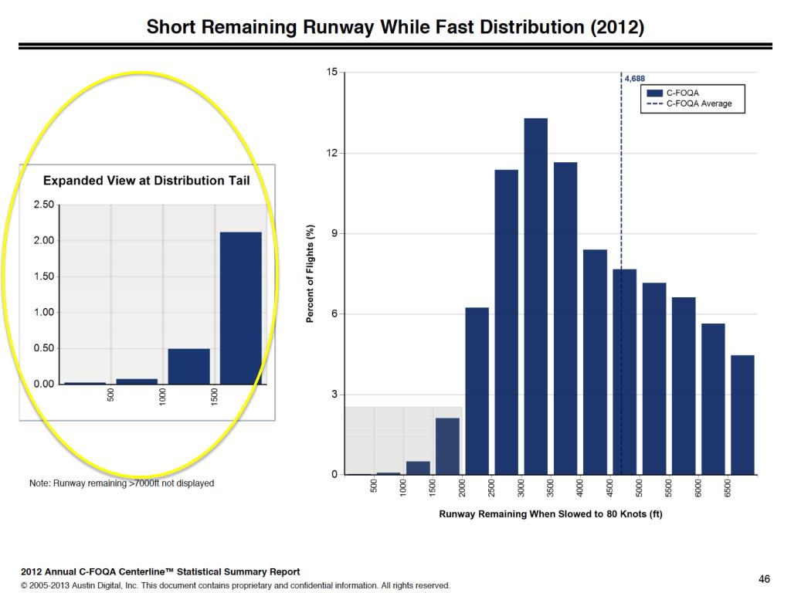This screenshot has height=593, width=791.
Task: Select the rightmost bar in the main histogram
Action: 742,415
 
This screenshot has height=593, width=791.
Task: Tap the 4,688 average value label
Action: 634,78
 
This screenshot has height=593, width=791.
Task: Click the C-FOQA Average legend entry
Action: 698,103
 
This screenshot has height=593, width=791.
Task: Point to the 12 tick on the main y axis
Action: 332,153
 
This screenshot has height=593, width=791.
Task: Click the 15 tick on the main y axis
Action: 332,73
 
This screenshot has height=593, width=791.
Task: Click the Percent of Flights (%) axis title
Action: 310,273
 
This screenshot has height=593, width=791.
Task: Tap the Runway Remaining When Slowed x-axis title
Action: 551,514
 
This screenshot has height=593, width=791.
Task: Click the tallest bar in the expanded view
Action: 241,308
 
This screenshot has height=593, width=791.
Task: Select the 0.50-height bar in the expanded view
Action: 188,366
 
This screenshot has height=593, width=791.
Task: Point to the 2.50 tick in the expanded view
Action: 44,205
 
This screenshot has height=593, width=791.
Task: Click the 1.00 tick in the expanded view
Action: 44,312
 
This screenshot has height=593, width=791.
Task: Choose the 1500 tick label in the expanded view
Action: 216,397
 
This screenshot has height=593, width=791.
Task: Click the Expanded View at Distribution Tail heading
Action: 146,181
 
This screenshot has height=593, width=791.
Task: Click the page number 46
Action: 764,578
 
